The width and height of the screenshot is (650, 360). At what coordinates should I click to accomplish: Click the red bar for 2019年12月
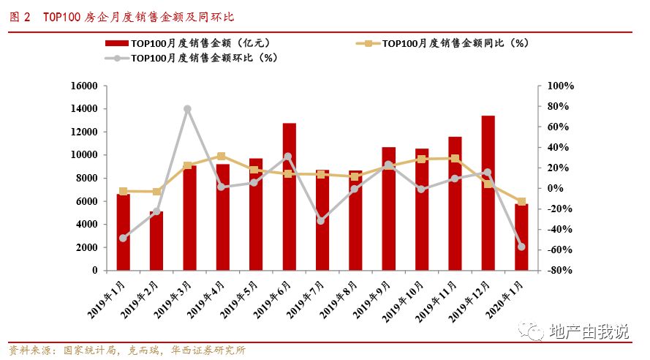point(488,193)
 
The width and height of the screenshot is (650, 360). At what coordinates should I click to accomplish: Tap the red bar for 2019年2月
point(156,241)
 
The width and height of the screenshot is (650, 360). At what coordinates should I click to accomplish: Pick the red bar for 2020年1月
point(521,237)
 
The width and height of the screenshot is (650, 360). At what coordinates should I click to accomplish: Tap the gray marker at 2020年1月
point(521,247)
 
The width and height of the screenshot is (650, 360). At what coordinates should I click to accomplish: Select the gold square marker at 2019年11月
point(455,158)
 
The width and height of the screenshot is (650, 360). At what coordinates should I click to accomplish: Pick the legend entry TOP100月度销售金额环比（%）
point(197,57)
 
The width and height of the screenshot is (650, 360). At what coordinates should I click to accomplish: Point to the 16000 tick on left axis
point(84,86)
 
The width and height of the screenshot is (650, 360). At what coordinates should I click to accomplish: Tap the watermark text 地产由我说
point(589,331)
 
